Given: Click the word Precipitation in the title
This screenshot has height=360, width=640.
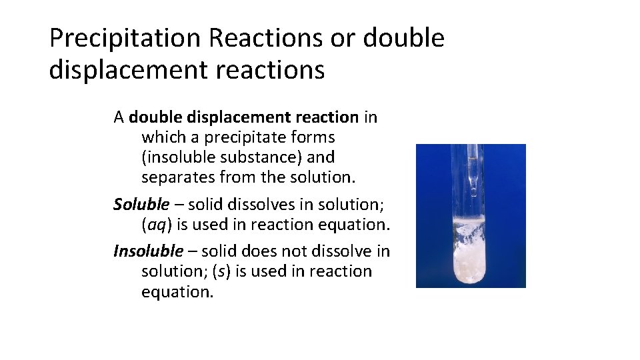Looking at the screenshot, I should click(x=125, y=39).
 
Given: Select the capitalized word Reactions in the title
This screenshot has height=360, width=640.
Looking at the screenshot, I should click(x=265, y=39).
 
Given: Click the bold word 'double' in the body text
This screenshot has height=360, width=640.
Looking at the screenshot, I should click(x=158, y=118).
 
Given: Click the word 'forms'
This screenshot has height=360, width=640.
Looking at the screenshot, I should click(x=313, y=138).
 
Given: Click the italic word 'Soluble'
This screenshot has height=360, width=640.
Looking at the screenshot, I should click(x=141, y=204).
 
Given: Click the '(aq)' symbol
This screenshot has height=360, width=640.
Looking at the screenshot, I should click(x=155, y=225).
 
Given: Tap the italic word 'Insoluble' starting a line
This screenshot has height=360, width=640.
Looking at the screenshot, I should click(x=147, y=251).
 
